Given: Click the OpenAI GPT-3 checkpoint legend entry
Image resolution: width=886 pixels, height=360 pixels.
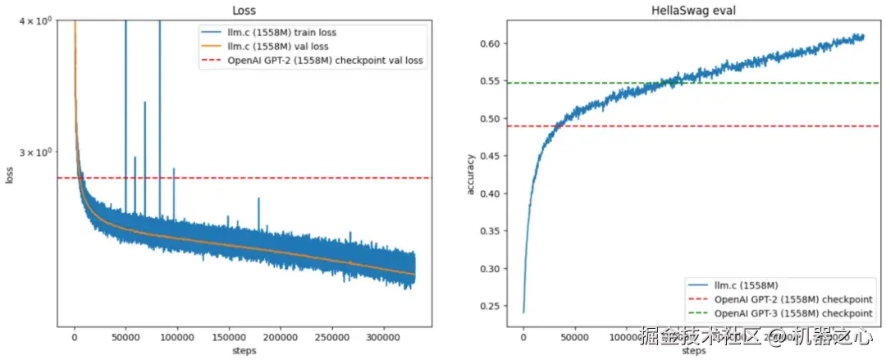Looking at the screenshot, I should tap(793, 313).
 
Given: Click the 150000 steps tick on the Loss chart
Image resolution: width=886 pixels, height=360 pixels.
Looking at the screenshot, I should tap(229, 337).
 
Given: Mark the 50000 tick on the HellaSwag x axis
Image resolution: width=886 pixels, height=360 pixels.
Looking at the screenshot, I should tap(574, 337).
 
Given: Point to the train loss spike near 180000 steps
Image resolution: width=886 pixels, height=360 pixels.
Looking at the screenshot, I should tap(258, 200).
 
